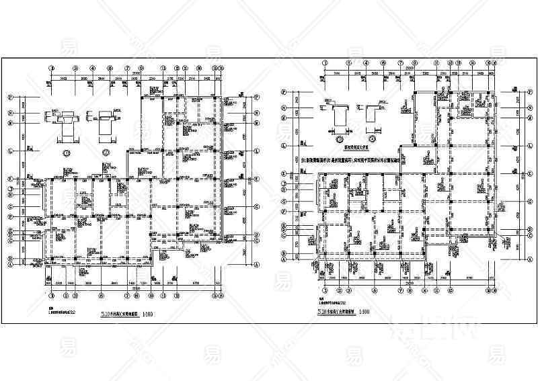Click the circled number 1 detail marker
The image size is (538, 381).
pos(67,153)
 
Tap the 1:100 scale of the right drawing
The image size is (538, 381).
pos(364,310)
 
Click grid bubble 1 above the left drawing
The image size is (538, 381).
pos(52,68)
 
